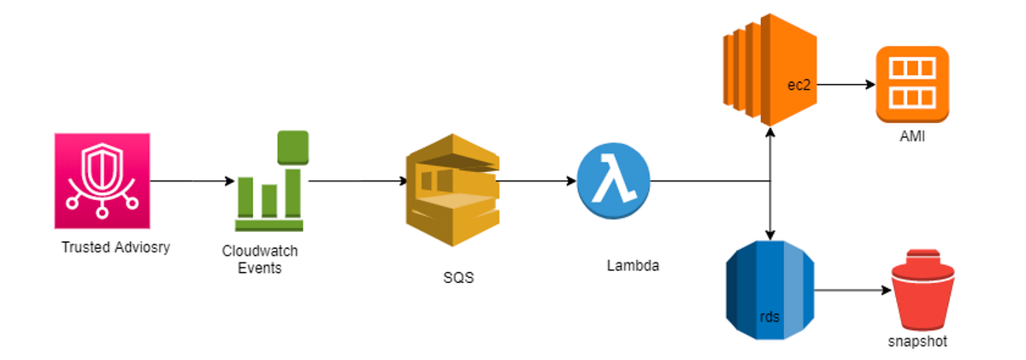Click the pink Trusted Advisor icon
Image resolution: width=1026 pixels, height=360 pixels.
click(x=102, y=181)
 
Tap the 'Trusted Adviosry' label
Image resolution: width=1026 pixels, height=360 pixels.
click(x=116, y=247)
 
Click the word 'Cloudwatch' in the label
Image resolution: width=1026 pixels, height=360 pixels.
click(x=260, y=251)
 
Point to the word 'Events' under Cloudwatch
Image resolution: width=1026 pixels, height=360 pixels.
click(x=260, y=268)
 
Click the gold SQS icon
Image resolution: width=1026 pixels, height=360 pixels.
click(x=452, y=190)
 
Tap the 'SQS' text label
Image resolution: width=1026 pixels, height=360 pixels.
click(x=458, y=278)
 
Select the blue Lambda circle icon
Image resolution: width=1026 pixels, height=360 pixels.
click(x=613, y=181)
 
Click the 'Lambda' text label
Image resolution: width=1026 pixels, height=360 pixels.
click(x=633, y=266)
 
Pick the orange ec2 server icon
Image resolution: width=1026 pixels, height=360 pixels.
click(x=770, y=69)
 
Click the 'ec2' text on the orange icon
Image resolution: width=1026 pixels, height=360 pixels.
click(x=799, y=86)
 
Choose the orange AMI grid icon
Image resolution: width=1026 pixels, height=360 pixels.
click(x=912, y=85)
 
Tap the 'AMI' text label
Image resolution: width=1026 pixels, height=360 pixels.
click(x=912, y=137)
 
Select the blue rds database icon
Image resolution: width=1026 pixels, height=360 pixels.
click(x=770, y=291)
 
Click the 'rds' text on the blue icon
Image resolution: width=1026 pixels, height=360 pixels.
click(x=769, y=317)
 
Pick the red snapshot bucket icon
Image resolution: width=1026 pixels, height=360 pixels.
click(x=923, y=290)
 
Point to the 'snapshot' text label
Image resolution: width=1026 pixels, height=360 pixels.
click(x=917, y=342)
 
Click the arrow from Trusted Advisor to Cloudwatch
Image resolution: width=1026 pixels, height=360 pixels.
click(x=192, y=181)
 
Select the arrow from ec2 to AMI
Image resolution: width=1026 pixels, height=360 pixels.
click(x=846, y=85)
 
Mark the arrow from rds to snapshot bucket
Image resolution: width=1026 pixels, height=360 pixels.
click(x=853, y=290)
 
